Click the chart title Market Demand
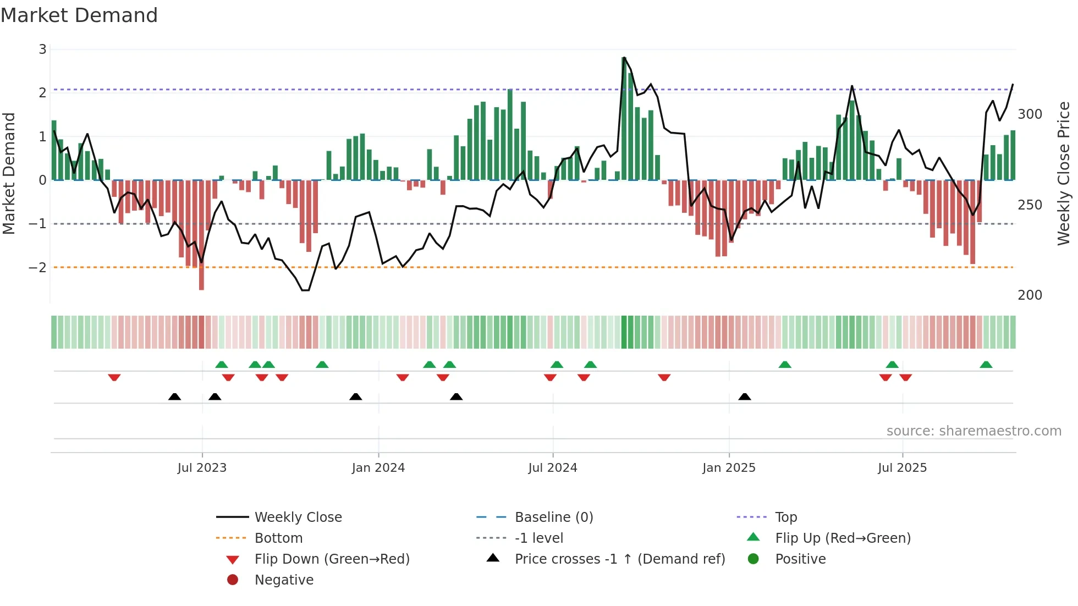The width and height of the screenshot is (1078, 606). [79, 15]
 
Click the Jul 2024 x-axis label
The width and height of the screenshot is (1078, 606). [552, 468]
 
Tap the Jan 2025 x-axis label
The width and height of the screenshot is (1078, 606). [729, 468]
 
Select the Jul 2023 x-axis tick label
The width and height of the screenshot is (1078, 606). [202, 468]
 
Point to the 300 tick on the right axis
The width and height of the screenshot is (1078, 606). [1030, 114]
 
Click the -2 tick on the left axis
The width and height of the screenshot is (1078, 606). [37, 268]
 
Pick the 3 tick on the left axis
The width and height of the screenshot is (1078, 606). [42, 49]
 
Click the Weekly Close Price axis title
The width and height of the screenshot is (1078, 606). [1064, 173]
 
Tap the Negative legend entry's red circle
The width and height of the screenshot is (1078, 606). [233, 580]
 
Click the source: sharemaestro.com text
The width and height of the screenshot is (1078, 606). [974, 431]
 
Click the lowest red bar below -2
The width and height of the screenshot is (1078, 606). [201, 235]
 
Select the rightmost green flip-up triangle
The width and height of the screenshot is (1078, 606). [986, 365]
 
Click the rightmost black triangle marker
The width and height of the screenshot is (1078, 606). [744, 396]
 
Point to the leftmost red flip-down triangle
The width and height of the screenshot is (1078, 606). [114, 377]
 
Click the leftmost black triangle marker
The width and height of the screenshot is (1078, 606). [174, 396]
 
